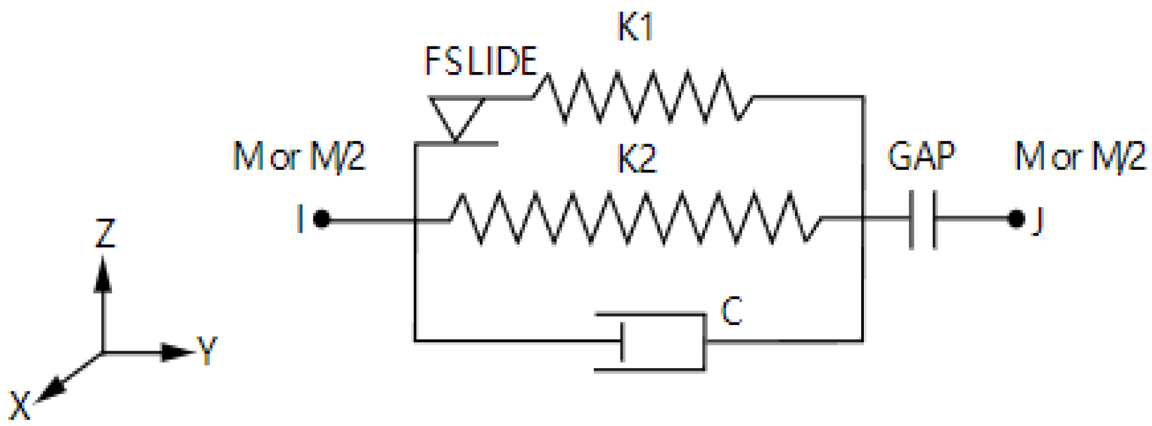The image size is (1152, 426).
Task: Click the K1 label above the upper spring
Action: [635, 28]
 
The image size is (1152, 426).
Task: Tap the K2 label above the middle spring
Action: [636, 159]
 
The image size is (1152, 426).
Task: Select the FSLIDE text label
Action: [480, 62]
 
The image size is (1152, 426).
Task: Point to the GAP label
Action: [921, 156]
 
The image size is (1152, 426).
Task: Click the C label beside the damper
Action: [732, 311]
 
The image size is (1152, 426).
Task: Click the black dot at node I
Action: [322, 220]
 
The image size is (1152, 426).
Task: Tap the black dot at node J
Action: [1016, 219]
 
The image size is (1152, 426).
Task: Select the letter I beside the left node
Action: [300, 219]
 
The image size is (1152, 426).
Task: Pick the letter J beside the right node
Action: [1037, 221]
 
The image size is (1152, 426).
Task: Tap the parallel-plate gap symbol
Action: [922, 219]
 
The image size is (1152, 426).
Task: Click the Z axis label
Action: [105, 233]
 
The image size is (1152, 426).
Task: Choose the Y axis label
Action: [207, 350]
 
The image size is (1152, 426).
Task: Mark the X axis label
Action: [20, 405]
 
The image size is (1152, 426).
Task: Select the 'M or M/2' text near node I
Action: [299, 156]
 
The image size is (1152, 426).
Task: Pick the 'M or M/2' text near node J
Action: [1080, 156]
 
